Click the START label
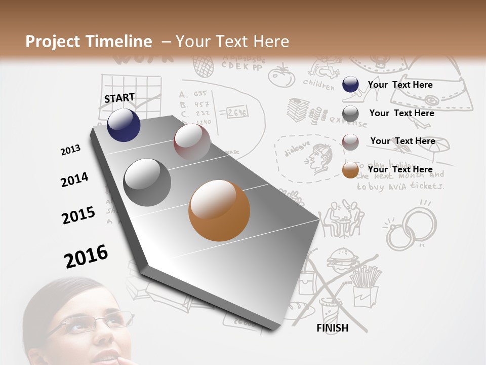(x=119, y=98)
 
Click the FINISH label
(x=333, y=328)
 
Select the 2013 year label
(x=70, y=150)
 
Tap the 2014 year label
(x=74, y=179)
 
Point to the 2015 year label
(x=78, y=215)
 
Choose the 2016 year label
(x=86, y=256)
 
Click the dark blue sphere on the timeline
(x=124, y=125)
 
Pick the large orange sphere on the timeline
(x=219, y=210)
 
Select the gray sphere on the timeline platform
(x=147, y=182)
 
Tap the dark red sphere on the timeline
(x=192, y=142)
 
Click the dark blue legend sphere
(x=350, y=85)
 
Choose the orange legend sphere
(x=350, y=170)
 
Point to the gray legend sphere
(x=350, y=114)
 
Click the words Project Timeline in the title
(x=89, y=42)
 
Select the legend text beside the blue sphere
(x=400, y=85)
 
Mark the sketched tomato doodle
(x=278, y=76)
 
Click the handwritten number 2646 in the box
(x=236, y=113)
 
